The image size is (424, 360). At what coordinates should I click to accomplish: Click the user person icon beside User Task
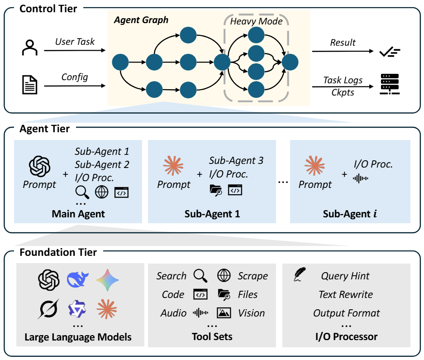point(30,48)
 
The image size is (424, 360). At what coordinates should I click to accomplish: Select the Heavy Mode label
point(256,21)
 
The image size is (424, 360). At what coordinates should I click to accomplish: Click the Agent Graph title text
point(141,20)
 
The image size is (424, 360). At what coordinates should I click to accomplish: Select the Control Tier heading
point(48,8)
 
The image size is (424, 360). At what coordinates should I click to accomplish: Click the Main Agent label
point(78,214)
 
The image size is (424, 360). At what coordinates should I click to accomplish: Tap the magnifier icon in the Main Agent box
point(82,192)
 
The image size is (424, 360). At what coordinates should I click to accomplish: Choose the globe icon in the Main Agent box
point(101,192)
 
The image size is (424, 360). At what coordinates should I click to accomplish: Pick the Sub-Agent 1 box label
point(212,214)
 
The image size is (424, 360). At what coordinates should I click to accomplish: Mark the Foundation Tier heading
point(58,252)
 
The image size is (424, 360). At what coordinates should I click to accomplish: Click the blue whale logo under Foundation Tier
point(78,280)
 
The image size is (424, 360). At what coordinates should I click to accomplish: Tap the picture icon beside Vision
point(224,313)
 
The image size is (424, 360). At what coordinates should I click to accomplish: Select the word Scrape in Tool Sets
point(252,276)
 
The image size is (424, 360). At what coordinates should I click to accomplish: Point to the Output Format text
point(347,313)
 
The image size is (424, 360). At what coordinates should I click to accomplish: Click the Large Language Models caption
point(78,337)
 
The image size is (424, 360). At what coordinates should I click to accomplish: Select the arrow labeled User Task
point(74,48)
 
